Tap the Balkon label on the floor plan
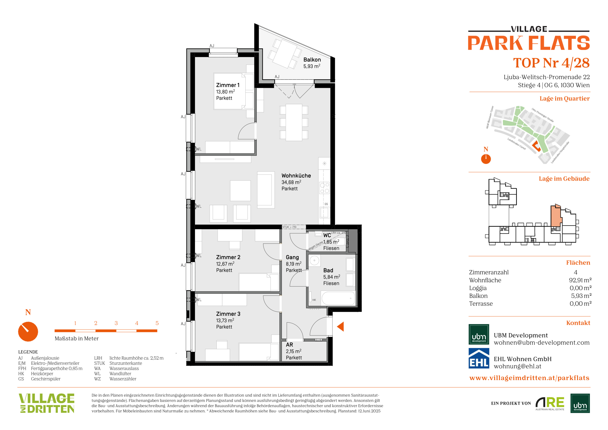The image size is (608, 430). pos(312,60)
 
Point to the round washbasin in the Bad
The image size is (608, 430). pos(314,261)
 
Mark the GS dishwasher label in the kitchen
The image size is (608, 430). pos(326,204)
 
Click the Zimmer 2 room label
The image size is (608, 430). pos(228,257)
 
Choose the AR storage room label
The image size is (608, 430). pos(289,345)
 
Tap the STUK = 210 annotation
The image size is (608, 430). pos(289,227)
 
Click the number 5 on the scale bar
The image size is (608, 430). pos(157,323)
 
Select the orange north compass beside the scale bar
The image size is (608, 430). pos(28,331)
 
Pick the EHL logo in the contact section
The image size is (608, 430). pos(479,358)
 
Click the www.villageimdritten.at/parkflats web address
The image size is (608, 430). pos(529,378)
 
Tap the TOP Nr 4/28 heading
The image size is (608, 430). pos(551,63)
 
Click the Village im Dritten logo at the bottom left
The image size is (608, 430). pos(47,403)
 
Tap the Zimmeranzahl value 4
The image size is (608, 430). pos(575,272)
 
